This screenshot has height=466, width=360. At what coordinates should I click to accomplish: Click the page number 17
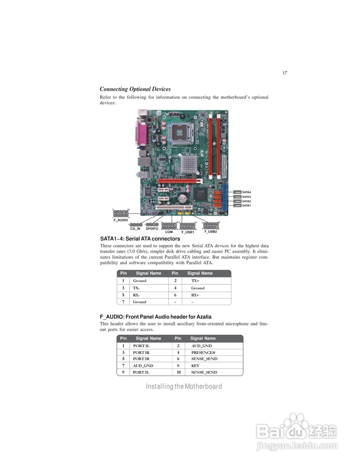click(x=284, y=73)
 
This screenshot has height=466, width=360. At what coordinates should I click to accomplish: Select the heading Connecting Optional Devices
click(x=135, y=89)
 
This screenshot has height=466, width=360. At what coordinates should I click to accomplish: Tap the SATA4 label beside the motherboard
click(x=246, y=192)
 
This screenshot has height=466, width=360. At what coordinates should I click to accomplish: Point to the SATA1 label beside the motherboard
click(x=246, y=206)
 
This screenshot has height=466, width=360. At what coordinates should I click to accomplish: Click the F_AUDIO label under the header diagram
click(x=120, y=220)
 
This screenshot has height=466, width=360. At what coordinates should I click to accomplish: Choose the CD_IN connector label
click(x=135, y=229)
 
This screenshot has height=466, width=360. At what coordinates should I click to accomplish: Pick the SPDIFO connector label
click(x=152, y=229)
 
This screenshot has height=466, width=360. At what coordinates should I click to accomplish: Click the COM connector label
click(x=169, y=232)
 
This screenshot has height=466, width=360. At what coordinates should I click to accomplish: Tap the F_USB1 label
click(x=187, y=232)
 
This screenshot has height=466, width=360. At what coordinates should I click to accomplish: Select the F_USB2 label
click(x=210, y=232)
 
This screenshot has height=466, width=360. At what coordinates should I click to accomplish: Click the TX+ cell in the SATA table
click(x=195, y=281)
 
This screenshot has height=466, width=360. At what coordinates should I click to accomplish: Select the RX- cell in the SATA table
click(x=136, y=295)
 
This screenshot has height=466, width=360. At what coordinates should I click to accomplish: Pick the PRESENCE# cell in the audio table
click(x=203, y=352)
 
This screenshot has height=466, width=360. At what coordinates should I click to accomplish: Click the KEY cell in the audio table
click(x=195, y=366)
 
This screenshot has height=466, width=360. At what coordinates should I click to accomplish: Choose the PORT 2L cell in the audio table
click(x=141, y=372)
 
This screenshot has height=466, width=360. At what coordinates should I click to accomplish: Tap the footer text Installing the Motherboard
click(x=184, y=386)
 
